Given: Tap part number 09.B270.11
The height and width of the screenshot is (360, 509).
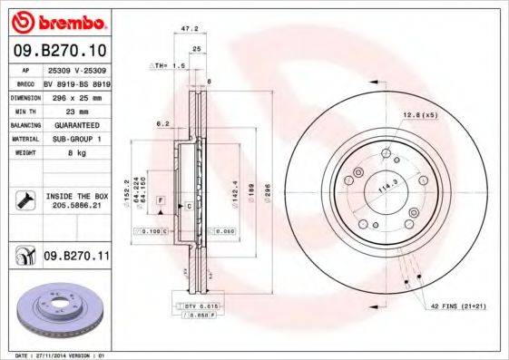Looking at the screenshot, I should (x=77, y=258).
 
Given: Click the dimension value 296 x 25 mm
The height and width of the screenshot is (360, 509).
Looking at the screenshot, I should (x=74, y=95).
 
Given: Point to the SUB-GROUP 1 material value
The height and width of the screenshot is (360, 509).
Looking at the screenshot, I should (x=73, y=138).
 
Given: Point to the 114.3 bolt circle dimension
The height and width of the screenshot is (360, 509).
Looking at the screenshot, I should (x=389, y=187).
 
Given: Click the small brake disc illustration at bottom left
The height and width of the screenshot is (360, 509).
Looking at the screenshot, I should (x=60, y=312).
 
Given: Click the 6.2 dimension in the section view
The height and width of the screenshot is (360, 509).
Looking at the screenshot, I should (x=162, y=123).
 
